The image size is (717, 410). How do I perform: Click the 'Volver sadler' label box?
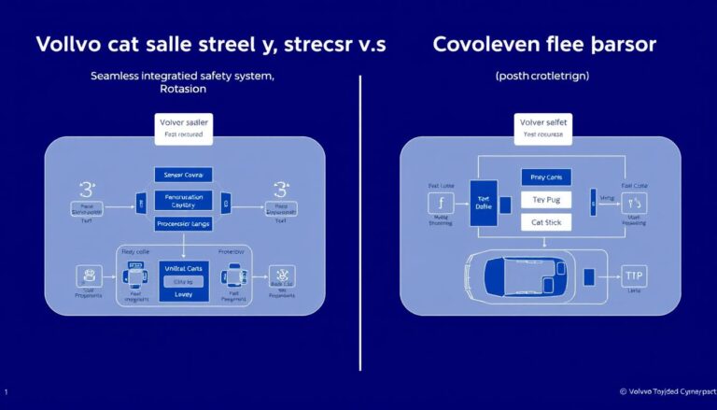pyautogui.click(x=183, y=127)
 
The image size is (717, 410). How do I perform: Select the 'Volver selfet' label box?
pyautogui.click(x=541, y=127)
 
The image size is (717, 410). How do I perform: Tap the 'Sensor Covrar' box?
pyautogui.click(x=183, y=175)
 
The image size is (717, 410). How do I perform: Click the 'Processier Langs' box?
pyautogui.click(x=183, y=223)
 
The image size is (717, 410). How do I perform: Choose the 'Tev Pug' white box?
pyautogui.click(x=544, y=200)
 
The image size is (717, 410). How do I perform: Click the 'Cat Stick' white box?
pyautogui.click(x=544, y=222)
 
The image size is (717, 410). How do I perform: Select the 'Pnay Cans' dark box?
pyautogui.click(x=544, y=177)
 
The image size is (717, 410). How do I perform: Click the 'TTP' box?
pyautogui.click(x=635, y=276)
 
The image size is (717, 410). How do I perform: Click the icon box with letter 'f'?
pyautogui.click(x=439, y=204)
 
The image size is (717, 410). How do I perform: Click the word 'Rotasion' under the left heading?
pyautogui.click(x=183, y=92)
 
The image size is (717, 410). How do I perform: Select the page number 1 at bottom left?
pyautogui.click(x=7, y=392)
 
